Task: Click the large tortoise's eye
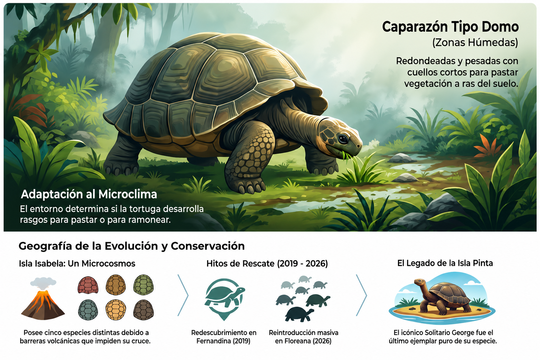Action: [343, 139]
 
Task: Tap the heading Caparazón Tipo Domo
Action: [450, 27]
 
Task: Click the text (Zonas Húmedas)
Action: [475, 43]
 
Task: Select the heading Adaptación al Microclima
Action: [89, 194]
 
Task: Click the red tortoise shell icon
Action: [88, 285]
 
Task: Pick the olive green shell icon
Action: [143, 285]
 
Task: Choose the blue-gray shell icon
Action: [88, 310]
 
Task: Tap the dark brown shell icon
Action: [143, 310]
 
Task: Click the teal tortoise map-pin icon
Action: [224, 299]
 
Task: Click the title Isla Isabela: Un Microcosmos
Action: [77, 264]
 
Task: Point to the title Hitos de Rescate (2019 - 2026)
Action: [267, 264]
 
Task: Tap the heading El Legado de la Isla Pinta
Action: [445, 263]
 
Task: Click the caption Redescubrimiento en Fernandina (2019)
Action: [224, 337]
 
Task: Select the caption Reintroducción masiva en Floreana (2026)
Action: [303, 337]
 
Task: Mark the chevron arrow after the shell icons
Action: [183, 295]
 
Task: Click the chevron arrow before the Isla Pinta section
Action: [361, 295]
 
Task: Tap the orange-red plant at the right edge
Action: [487, 146]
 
